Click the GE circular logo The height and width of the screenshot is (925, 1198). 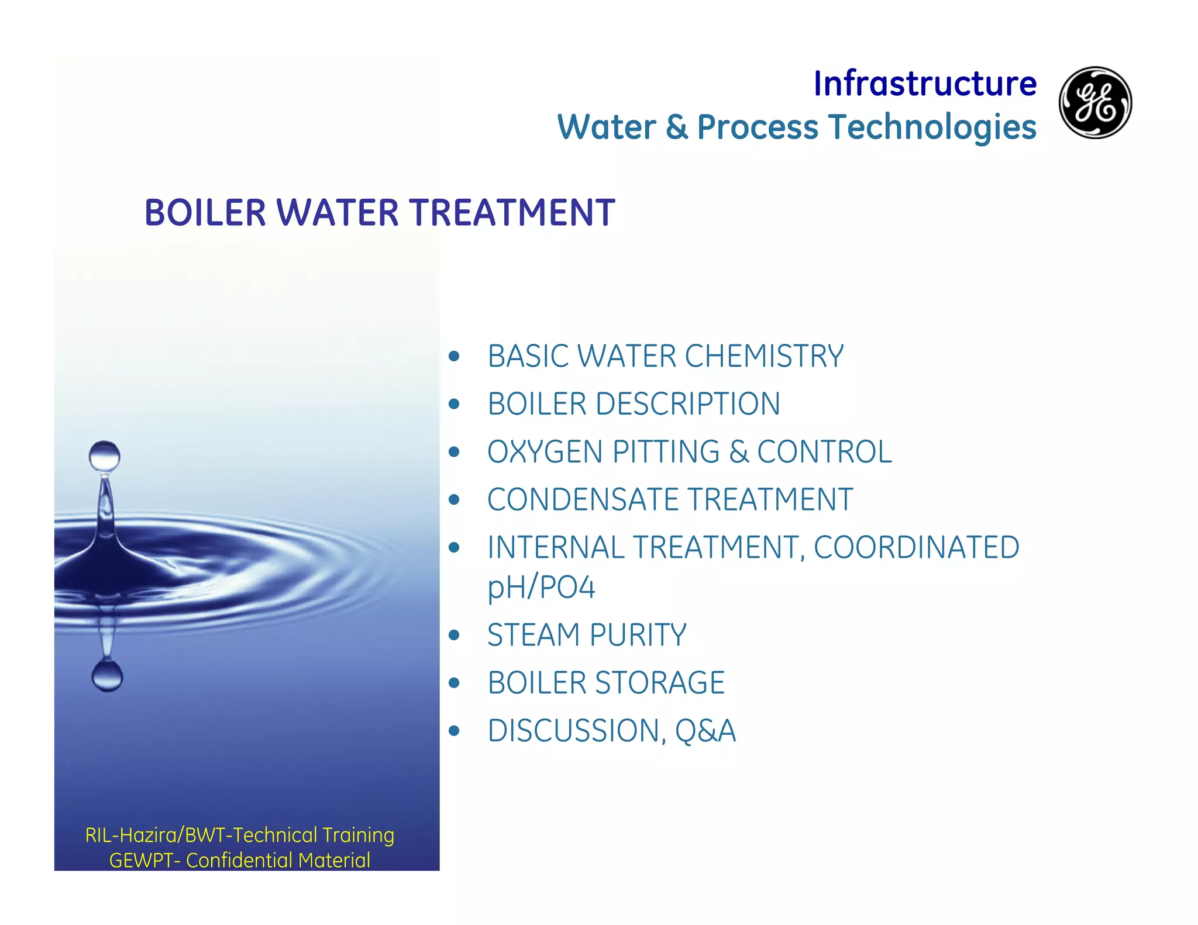tap(1095, 102)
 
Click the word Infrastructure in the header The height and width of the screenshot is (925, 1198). tap(925, 84)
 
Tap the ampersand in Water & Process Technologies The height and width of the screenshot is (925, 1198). tap(677, 127)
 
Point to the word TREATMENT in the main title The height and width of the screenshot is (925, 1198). tap(512, 212)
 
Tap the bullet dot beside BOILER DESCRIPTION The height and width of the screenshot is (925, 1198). tap(455, 404)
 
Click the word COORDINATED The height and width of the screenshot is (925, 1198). tap(916, 548)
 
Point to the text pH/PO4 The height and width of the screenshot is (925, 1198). tap(541, 588)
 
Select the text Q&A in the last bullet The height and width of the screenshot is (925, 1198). tap(705, 731)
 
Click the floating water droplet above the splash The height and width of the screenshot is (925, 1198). tap(105, 456)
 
